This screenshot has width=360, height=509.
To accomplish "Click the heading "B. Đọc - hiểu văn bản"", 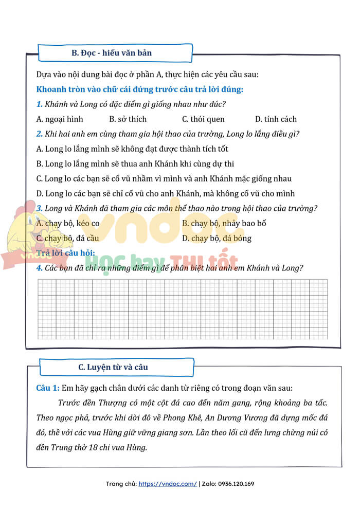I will click(111, 53).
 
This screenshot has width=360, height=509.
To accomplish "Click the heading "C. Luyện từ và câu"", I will click(113, 367).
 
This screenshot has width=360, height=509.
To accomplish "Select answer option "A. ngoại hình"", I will click(60, 119).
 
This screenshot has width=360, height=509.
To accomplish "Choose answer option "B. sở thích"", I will click(128, 119).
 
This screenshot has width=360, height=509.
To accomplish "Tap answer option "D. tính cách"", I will click(276, 119).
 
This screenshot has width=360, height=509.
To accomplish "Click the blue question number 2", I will click(39, 134).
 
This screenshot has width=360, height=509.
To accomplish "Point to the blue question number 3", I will click(39, 208).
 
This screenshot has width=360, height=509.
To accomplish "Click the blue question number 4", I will click(39, 268).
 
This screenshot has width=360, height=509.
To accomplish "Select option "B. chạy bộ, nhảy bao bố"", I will click(224, 224).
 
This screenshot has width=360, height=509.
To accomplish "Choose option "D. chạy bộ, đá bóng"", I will click(217, 239).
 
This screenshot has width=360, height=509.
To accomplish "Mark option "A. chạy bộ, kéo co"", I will click(68, 224).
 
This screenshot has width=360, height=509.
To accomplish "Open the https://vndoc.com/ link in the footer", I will click(168, 484).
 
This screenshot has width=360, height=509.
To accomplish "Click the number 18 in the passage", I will click(99, 447).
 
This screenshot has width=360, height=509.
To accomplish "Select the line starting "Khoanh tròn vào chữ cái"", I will click(140, 89).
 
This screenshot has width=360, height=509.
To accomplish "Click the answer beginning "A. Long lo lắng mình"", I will click(132, 149).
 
